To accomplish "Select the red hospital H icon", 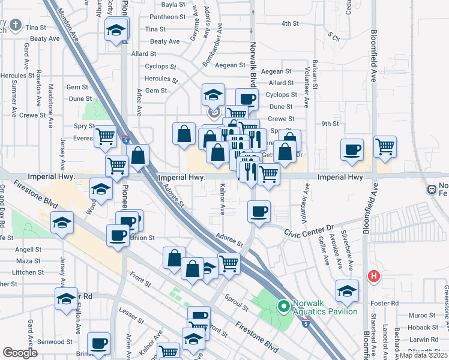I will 373,277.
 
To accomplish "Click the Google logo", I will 20,353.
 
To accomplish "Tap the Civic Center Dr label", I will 309,229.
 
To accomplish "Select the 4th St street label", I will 290,23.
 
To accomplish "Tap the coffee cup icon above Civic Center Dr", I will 259,211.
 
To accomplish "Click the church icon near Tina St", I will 15,26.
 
